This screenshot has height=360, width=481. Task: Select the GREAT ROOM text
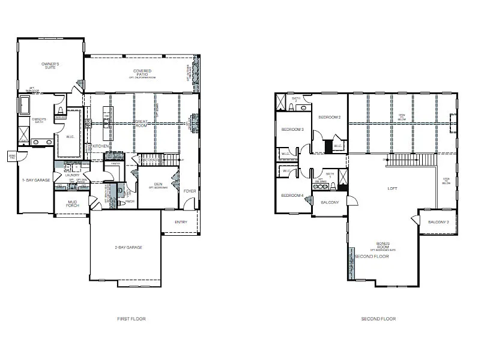141,124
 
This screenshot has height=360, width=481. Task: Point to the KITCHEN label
101,146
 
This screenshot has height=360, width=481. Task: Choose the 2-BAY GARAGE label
129,247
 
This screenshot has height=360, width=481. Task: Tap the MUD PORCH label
71,204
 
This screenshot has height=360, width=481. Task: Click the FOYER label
190,191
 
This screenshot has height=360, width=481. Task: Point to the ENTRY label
181,222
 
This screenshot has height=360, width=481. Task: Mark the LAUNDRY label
64,175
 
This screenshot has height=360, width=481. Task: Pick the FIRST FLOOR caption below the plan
131,319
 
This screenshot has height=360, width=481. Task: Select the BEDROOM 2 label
330,117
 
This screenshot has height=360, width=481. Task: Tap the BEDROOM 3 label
294,130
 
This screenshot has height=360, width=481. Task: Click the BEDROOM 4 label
294,195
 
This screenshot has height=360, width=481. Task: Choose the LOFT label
393,188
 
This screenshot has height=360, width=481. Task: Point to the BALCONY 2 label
438,222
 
